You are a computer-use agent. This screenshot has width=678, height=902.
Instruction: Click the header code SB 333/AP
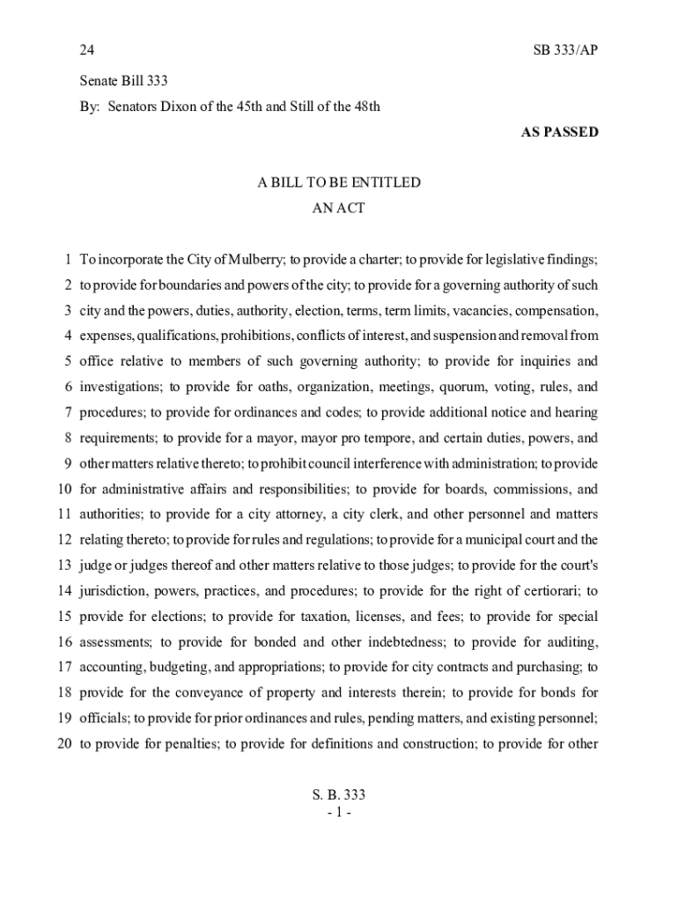pos(565,50)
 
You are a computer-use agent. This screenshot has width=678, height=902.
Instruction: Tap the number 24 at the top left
pos(87,50)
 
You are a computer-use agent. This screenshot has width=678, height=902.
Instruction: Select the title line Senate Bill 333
pos(123,81)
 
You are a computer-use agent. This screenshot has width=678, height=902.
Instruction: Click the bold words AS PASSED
pos(560,132)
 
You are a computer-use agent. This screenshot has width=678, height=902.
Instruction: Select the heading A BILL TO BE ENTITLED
pos(339,183)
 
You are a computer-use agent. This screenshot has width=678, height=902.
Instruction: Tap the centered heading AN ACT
pos(339,209)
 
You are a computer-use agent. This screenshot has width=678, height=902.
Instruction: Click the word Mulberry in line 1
pos(256,260)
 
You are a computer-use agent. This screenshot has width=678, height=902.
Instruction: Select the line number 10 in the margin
pos(64,489)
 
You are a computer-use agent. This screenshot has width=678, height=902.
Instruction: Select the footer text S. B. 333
pos(339,795)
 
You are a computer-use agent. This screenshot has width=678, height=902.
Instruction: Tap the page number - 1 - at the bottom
pos(339,811)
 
